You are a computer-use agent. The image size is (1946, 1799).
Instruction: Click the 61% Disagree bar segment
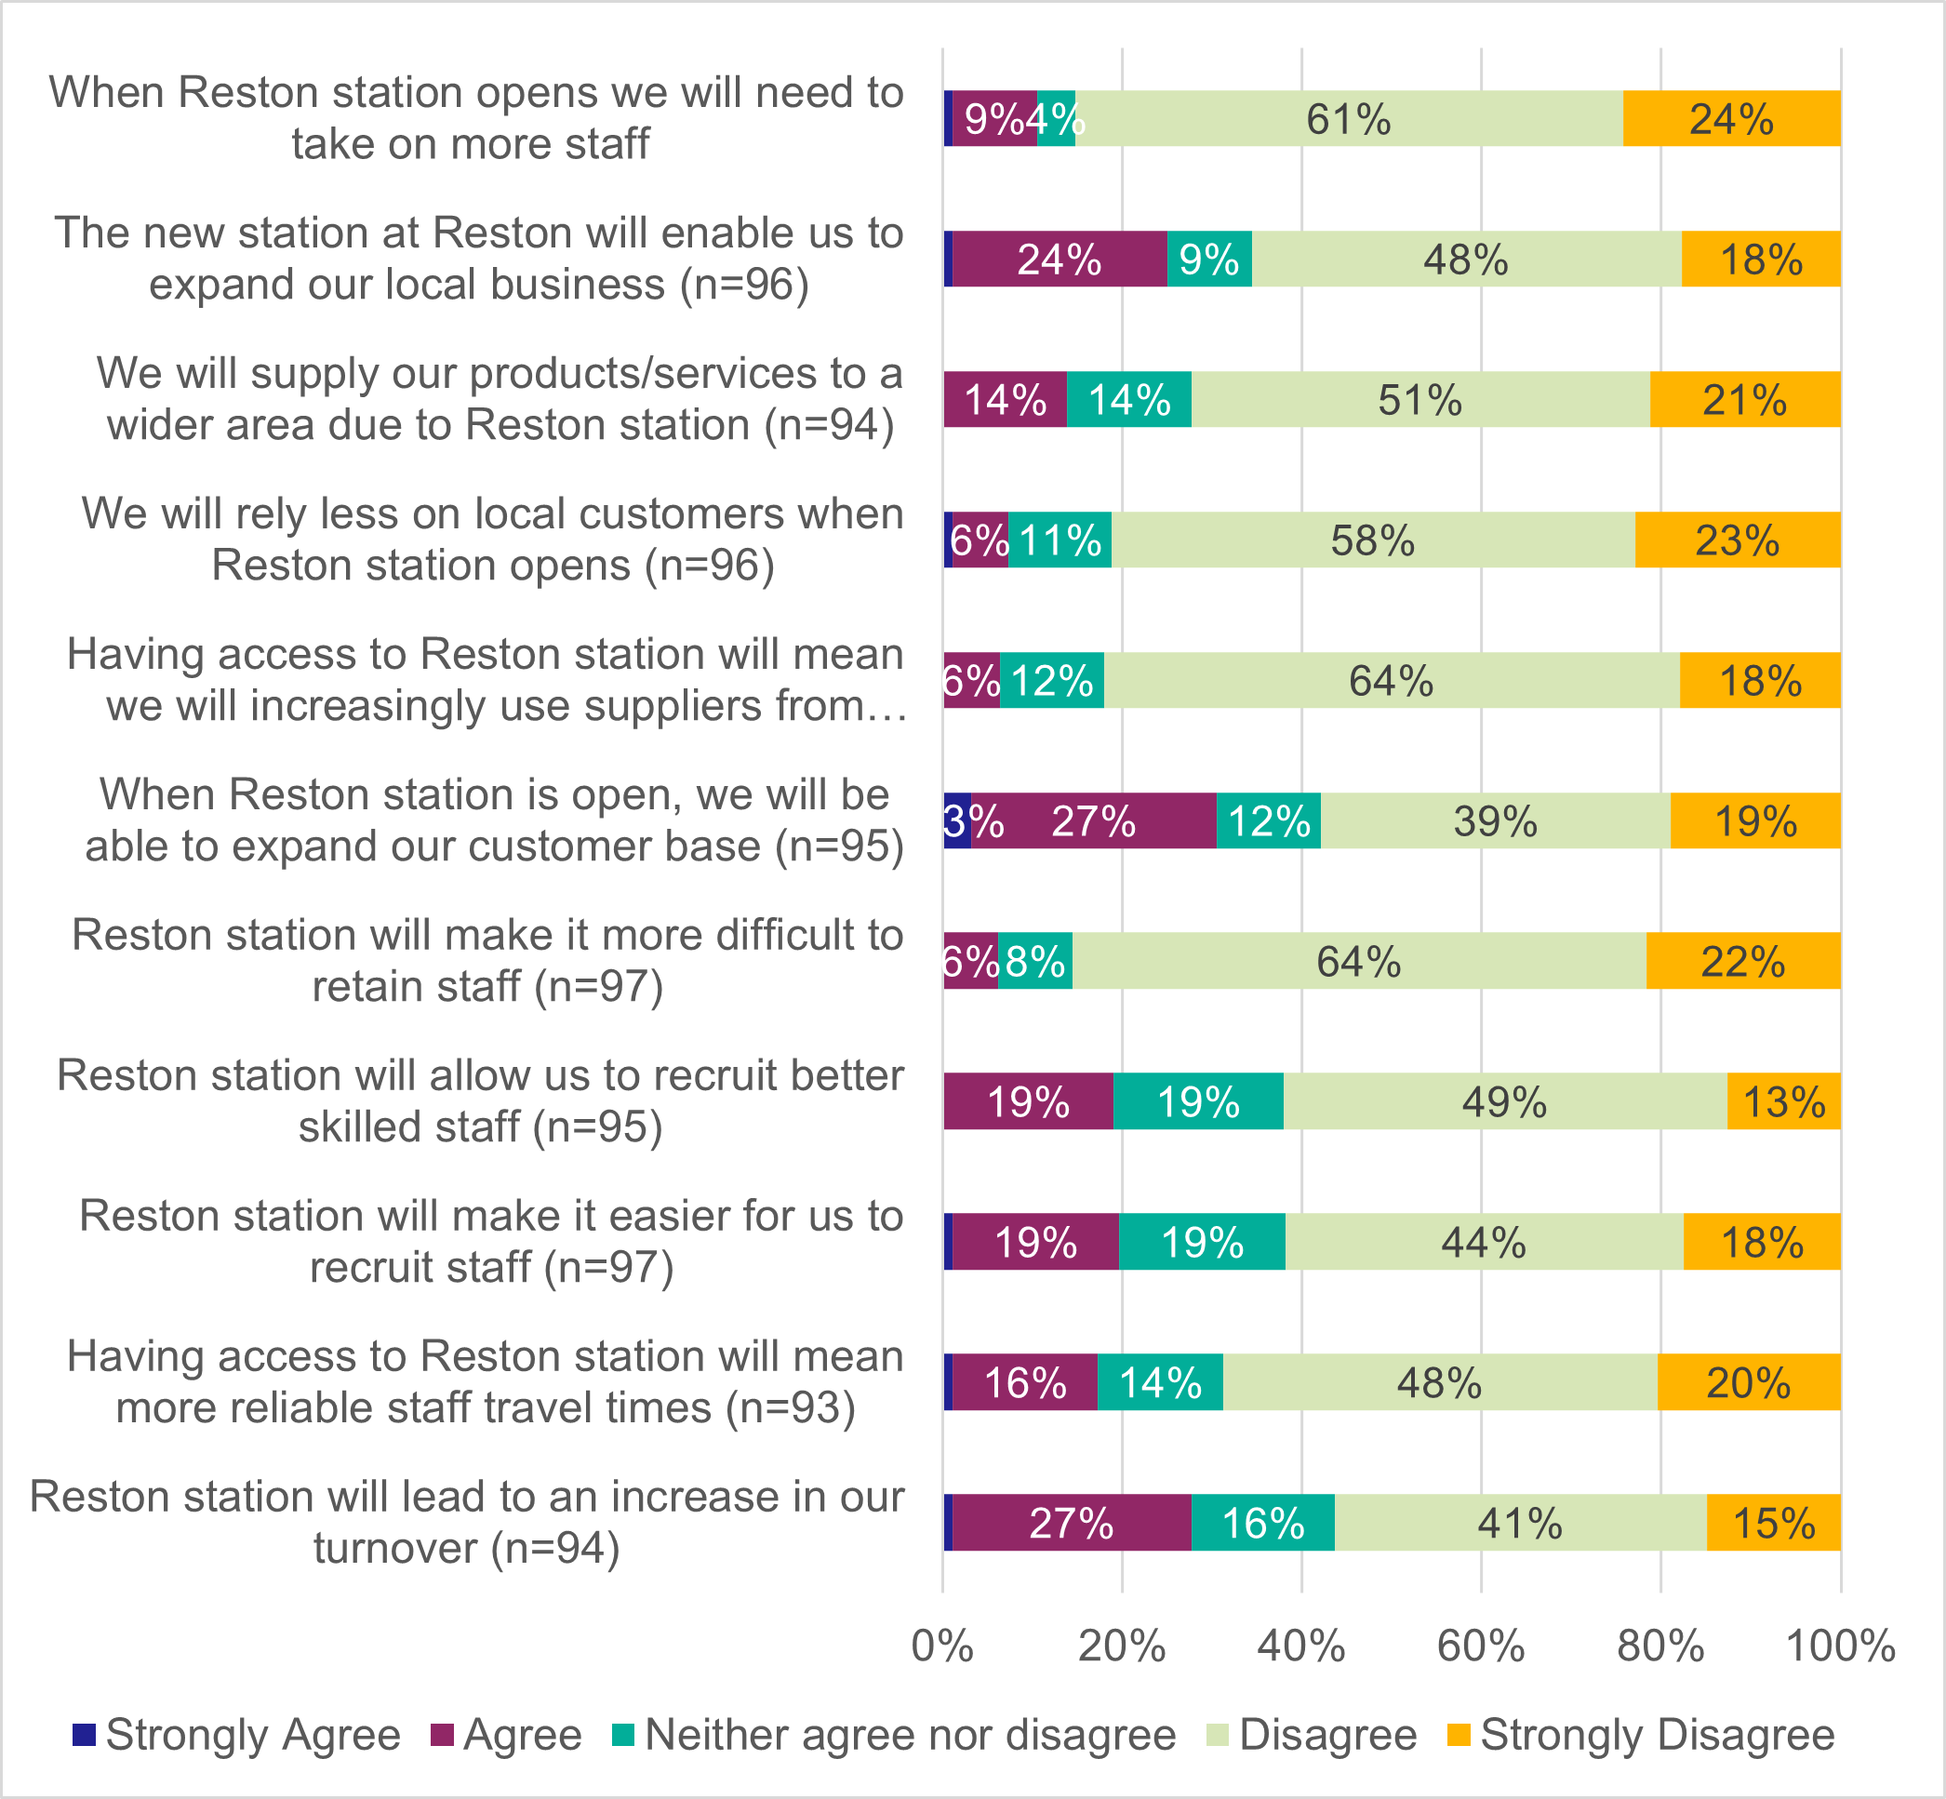click(1348, 119)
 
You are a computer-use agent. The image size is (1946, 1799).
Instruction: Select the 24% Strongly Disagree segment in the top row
click(1731, 119)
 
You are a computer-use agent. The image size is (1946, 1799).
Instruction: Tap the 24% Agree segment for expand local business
click(1060, 259)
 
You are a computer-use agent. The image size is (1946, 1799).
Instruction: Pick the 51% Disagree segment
click(1420, 399)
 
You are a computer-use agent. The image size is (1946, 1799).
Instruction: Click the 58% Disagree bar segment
click(1373, 540)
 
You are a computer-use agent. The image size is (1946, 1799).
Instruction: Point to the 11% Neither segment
click(1060, 540)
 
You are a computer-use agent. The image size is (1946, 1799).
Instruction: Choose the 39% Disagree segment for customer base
click(1495, 820)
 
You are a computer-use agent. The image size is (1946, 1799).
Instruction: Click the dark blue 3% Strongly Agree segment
click(957, 820)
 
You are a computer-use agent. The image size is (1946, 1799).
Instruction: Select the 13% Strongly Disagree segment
click(1783, 1101)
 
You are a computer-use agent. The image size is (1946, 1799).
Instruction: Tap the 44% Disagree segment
click(1484, 1241)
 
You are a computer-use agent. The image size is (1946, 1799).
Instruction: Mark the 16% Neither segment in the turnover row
click(1262, 1523)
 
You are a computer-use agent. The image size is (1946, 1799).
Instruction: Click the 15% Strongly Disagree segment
click(1773, 1523)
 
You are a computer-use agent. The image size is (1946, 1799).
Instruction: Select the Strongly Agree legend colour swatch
click(85, 1735)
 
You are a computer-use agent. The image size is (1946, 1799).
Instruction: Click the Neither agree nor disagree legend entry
click(910, 1735)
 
